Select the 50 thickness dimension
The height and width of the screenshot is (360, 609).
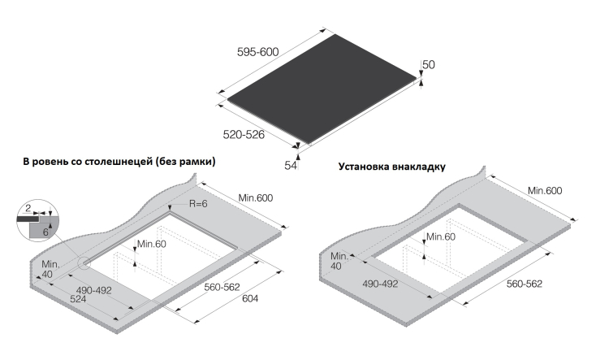tap(430, 64)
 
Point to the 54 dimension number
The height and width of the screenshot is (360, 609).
tap(291, 165)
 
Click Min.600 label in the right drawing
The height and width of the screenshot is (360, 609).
tap(545, 190)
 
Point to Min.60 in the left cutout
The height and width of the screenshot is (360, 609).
tap(153, 244)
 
